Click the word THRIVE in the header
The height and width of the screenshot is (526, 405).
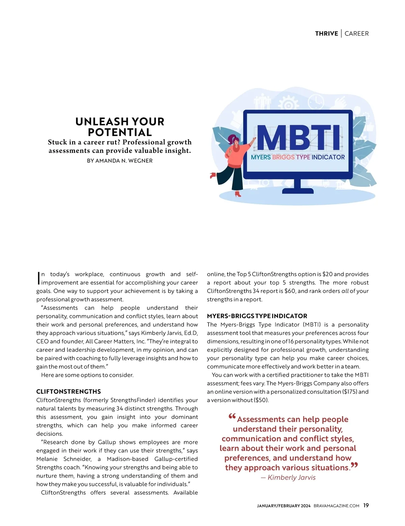point(326,33)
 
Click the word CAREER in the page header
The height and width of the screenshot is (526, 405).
point(356,33)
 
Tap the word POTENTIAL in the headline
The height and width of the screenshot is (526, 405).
point(120,132)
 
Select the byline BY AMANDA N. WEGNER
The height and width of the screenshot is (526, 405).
point(120,161)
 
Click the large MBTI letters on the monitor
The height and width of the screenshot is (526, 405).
point(298,138)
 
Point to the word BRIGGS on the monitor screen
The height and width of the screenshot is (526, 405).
point(283,157)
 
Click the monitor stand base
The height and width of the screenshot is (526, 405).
point(298,190)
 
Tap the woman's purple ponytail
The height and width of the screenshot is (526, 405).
point(231,139)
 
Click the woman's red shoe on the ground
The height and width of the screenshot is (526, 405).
point(238,194)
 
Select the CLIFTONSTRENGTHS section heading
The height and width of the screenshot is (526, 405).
point(69,392)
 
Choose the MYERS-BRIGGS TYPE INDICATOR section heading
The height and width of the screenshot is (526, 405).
point(257,316)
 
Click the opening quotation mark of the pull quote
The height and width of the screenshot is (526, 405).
point(232,416)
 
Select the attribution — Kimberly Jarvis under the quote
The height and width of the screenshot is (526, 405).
point(288,477)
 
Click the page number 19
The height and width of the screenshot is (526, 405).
point(366,505)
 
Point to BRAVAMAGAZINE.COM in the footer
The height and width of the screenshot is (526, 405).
point(336,506)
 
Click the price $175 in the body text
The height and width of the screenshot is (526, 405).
point(350,392)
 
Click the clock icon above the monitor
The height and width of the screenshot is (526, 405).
point(316,101)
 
